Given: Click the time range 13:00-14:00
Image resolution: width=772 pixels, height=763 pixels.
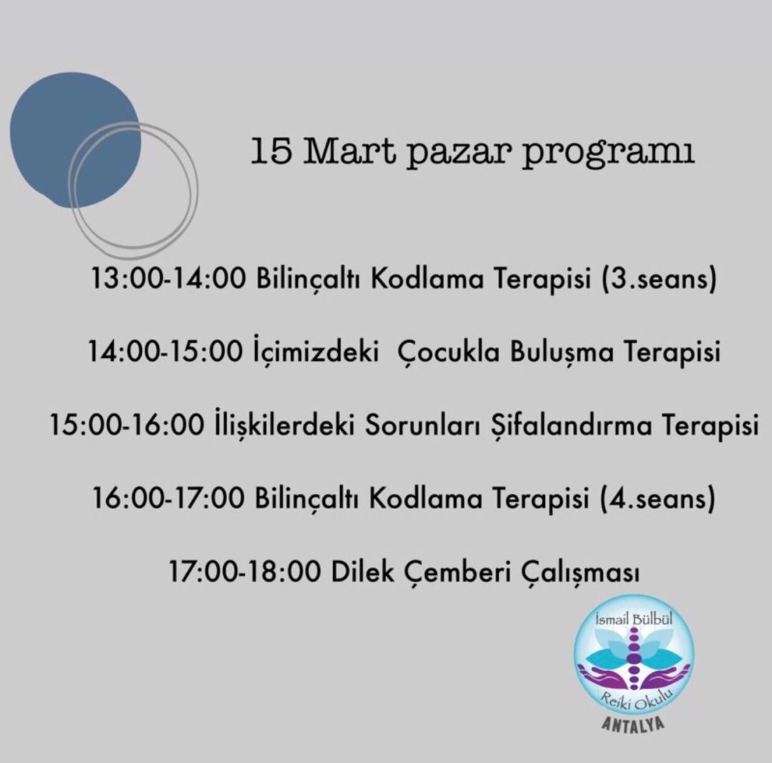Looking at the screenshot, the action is tap(168, 279).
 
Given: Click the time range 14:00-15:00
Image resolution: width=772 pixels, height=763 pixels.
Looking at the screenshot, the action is tap(165, 352).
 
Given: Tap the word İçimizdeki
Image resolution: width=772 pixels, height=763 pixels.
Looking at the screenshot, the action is tap(316, 350).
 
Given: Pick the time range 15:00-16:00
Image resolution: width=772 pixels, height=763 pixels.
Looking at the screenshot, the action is tap(127, 424).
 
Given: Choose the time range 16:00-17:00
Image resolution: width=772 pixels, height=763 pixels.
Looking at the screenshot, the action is tap(168, 498).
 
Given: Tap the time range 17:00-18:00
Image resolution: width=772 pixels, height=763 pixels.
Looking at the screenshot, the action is tap(245, 571).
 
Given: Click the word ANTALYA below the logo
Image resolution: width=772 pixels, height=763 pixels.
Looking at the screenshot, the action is tap(633, 725).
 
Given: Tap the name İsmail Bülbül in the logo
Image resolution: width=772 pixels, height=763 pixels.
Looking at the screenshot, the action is tap(634, 619).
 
